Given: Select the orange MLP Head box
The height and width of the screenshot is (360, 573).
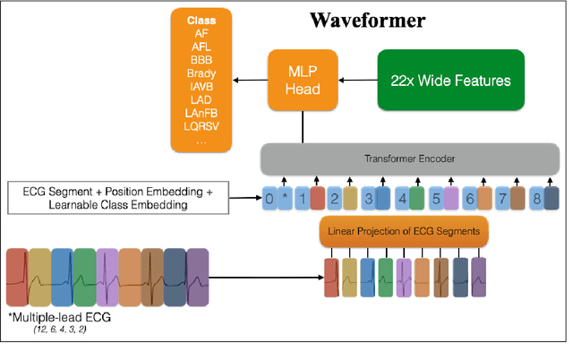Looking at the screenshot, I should (x=302, y=81).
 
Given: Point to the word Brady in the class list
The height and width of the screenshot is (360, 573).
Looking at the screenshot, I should (x=201, y=73).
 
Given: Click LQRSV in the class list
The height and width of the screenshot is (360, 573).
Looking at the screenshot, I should (x=201, y=126).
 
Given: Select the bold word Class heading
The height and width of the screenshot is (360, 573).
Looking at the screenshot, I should (x=201, y=20).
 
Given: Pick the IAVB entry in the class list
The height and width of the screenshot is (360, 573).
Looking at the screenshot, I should (x=201, y=86).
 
